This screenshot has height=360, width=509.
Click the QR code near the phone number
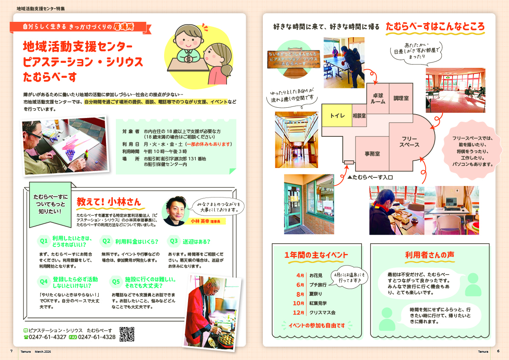click(127, 334)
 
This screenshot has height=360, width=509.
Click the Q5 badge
click(116, 282)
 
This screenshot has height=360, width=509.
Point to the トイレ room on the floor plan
click(337, 115)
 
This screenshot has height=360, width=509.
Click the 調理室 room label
click(401, 98)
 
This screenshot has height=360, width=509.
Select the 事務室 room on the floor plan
click(372, 153)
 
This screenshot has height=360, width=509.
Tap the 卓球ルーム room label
click(378, 98)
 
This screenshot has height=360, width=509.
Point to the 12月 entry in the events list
click(300, 313)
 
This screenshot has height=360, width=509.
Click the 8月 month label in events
click(300, 294)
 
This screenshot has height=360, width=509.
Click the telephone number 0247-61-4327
click(47, 337)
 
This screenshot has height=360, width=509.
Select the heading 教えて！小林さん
click(109, 201)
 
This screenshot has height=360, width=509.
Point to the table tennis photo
click(344, 62)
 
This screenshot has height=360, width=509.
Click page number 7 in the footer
click(11, 351)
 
